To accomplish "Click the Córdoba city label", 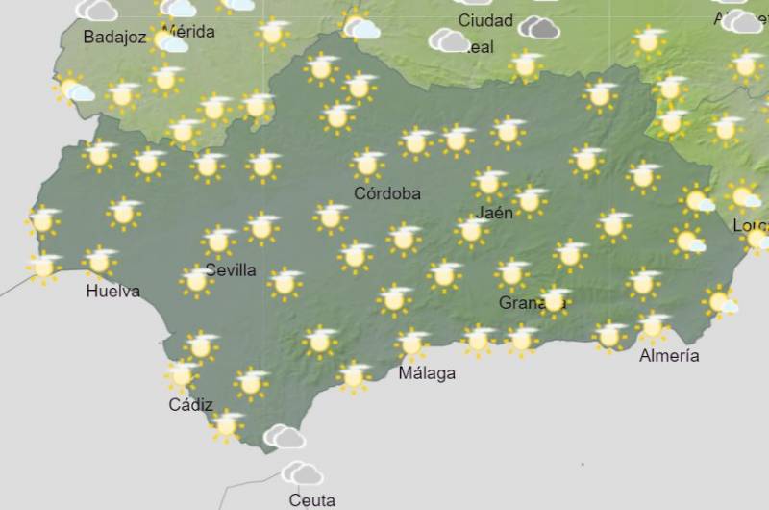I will pyautogui.click(x=387, y=193).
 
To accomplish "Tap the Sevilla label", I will pyautogui.click(x=231, y=270).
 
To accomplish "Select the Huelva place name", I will pyautogui.click(x=112, y=291).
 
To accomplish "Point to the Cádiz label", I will pyautogui.click(x=190, y=405).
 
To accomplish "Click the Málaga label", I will pyautogui.click(x=427, y=373).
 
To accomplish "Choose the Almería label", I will pyautogui.click(x=670, y=356).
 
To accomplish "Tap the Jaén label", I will pyautogui.click(x=494, y=213).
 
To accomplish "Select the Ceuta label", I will pyautogui.click(x=312, y=500).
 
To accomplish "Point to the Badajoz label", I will pyautogui.click(x=114, y=38).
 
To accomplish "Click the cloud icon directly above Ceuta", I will pyautogui.click(x=303, y=472).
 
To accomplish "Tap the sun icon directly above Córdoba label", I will pyautogui.click(x=367, y=164).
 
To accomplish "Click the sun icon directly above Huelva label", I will pyautogui.click(x=99, y=261).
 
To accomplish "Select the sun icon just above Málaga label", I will pyautogui.click(x=412, y=343).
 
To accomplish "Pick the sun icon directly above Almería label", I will pyautogui.click(x=653, y=327).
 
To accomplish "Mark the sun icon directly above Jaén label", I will pyautogui.click(x=489, y=182).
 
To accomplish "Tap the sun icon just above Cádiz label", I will pyautogui.click(x=182, y=374).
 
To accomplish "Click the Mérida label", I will pyautogui.click(x=190, y=32).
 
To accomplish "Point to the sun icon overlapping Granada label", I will pyautogui.click(x=554, y=300).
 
